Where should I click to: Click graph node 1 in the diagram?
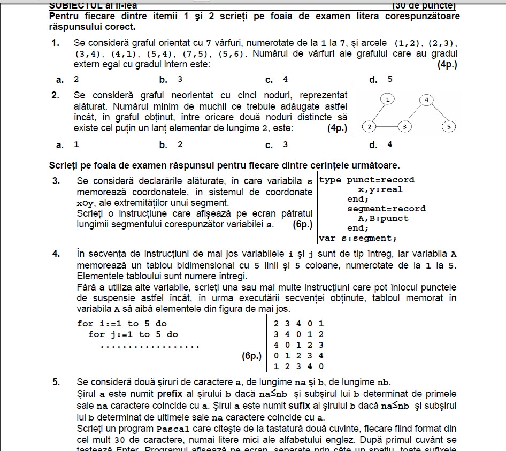[388, 99]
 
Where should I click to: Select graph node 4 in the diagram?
[426, 100]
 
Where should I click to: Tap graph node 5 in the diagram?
[449, 127]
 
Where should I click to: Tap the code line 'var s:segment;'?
[358, 238]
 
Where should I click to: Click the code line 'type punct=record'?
[367, 180]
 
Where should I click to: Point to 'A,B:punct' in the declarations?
[383, 218]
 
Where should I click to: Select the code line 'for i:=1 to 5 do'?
[122, 323]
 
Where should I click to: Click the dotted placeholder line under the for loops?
[150, 346]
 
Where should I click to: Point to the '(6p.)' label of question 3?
[303, 224]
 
